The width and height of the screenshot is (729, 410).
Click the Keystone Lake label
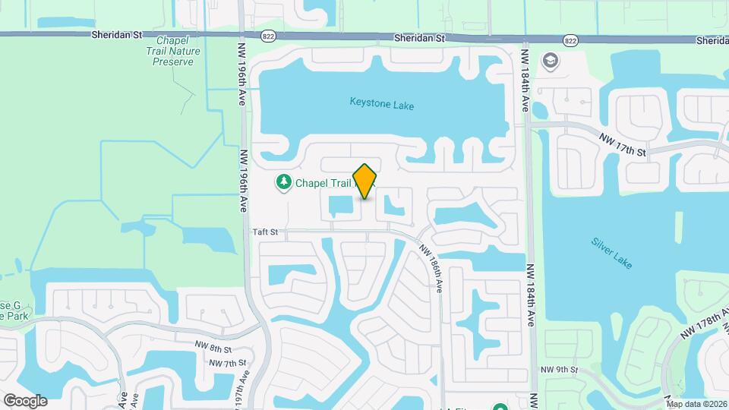[381, 105]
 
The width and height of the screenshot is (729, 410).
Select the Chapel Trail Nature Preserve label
[173, 51]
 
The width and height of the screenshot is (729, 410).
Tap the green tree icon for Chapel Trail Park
[283, 182]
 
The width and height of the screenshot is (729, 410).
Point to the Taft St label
[265, 232]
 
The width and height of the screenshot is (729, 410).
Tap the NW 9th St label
[560, 369]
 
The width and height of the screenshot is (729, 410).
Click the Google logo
[25, 400]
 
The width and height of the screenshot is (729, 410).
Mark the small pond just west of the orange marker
[339, 204]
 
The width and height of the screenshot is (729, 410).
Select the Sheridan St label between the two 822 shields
[418, 38]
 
